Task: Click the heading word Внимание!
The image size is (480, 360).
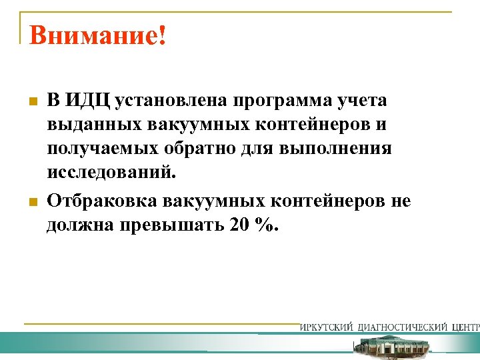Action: pyautogui.click(x=97, y=35)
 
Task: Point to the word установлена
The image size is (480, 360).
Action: pyautogui.click(x=171, y=101)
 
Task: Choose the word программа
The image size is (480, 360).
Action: pyautogui.click(x=284, y=101)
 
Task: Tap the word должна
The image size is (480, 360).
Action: pyautogui.click(x=79, y=225)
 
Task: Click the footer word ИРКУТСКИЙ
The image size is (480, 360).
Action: pyautogui.click(x=327, y=327)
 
